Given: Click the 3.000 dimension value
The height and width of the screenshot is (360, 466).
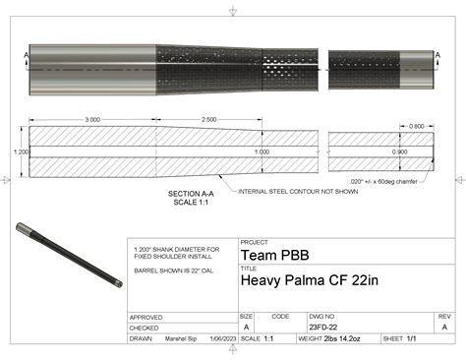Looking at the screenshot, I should click(92, 119).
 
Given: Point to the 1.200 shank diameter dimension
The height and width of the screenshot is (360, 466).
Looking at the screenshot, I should click(21, 152).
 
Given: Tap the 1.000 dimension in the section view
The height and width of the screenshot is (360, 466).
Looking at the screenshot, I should click(261, 152).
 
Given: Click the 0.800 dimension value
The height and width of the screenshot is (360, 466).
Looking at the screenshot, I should click(416, 126).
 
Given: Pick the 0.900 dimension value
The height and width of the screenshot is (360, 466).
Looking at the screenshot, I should click(398, 152).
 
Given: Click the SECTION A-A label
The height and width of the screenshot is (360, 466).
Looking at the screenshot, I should click(192, 193).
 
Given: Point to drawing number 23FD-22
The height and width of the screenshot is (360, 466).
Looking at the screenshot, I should click(322, 326).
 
